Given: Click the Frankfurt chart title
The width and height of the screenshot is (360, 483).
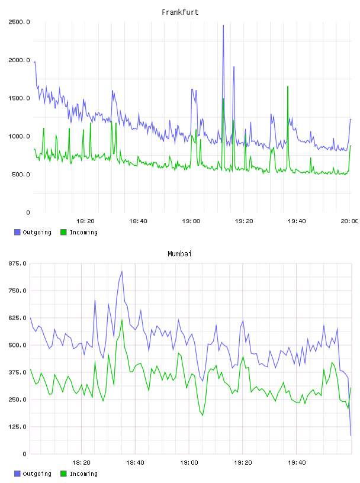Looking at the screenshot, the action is (x=180, y=12).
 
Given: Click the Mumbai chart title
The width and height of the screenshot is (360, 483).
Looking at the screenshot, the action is (x=179, y=254).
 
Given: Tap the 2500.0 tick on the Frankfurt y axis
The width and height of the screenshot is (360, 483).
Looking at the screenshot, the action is (x=19, y=22).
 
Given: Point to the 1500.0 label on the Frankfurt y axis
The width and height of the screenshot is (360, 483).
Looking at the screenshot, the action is (x=19, y=98).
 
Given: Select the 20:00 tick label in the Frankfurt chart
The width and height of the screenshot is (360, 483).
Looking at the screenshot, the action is (x=349, y=221).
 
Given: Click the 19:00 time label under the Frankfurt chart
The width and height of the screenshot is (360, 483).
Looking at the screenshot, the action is (x=191, y=221).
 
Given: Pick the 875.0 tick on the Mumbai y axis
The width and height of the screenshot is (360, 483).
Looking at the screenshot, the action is (x=17, y=263).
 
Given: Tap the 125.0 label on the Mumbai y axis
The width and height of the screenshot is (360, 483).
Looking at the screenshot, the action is (x=17, y=427).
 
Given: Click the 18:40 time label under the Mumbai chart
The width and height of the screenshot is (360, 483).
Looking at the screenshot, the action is (x=135, y=463).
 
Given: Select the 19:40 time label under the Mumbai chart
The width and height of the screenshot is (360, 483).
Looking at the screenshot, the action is (x=297, y=463).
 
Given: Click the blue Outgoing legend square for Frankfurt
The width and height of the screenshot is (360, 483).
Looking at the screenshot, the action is (x=17, y=232).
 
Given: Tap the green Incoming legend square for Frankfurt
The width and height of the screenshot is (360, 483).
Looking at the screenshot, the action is (x=63, y=232).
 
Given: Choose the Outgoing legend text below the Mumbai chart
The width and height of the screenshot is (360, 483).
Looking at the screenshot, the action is (x=37, y=474).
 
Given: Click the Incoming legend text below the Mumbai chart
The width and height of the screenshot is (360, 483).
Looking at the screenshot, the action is (x=83, y=474).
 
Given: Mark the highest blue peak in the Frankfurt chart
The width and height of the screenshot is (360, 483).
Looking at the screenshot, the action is (x=223, y=25).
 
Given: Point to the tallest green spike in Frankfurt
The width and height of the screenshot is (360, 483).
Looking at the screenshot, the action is (x=288, y=86).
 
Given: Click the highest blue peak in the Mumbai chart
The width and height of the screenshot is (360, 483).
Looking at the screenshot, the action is (x=122, y=271).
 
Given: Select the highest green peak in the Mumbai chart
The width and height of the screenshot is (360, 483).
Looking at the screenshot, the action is (x=122, y=320).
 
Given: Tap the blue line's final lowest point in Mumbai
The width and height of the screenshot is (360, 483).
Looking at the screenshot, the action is (x=351, y=435).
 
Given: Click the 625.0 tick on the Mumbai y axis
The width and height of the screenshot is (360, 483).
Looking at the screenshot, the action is (x=17, y=318).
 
